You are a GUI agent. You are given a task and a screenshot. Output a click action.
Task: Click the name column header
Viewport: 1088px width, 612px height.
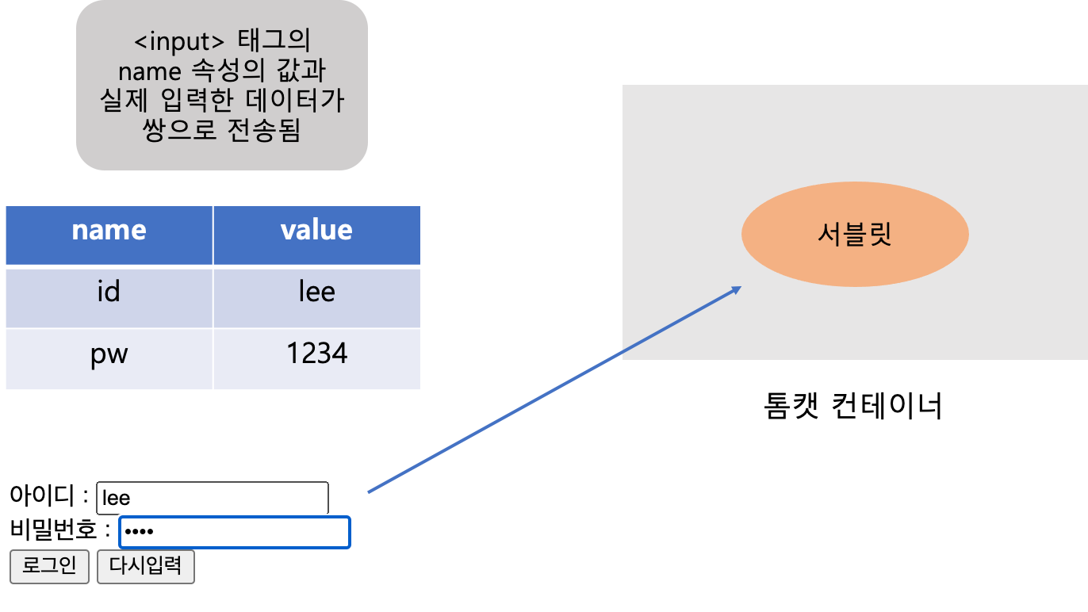[x=109, y=231]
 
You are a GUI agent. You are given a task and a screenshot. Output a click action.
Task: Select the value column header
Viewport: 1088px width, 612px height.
[x=316, y=231]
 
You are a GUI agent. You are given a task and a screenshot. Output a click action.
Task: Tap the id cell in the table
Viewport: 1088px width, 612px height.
[x=109, y=293]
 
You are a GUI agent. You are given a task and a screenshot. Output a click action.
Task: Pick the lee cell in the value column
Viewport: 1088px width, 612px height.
[x=316, y=293]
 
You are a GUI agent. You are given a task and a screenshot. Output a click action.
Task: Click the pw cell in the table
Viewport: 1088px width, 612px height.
[x=109, y=354]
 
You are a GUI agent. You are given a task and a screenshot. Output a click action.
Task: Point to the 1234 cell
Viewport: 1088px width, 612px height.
[x=316, y=354]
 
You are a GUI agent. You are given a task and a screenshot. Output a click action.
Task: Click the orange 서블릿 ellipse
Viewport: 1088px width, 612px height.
[x=854, y=235]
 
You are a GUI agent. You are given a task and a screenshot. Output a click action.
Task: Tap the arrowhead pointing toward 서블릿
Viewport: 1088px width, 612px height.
[x=736, y=289]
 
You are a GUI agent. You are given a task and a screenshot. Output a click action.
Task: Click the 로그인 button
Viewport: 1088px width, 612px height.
[x=49, y=566]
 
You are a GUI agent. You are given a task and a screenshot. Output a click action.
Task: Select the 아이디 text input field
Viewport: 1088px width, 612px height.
[x=212, y=498]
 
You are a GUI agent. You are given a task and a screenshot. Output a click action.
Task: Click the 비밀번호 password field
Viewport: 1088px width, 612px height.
[x=234, y=532]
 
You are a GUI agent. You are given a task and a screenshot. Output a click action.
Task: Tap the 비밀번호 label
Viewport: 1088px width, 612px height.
[x=53, y=529]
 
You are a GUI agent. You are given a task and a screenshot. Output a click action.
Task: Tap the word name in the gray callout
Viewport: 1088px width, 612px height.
[x=150, y=71]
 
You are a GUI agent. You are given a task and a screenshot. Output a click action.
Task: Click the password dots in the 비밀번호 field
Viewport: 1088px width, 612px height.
[x=139, y=533]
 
